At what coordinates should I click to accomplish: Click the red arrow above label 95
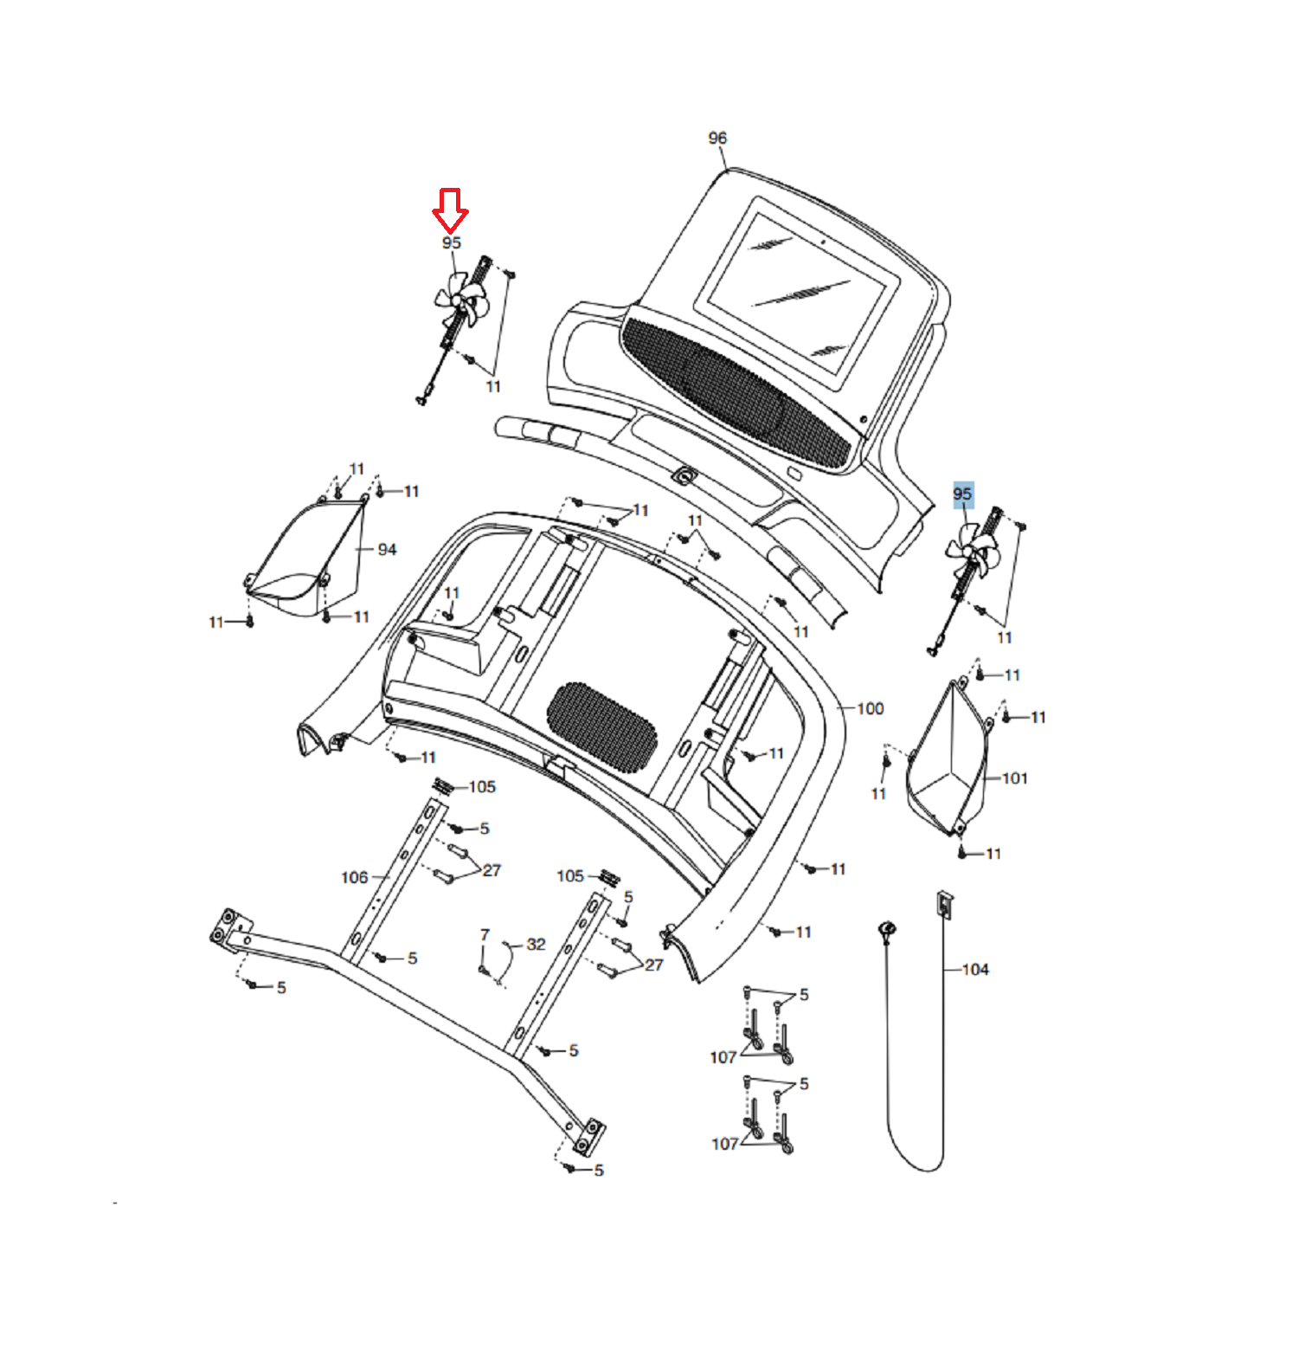click(x=450, y=210)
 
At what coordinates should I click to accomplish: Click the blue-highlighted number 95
click(x=962, y=494)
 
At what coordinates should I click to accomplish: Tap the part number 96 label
click(x=717, y=139)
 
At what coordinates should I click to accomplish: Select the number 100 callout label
click(x=871, y=709)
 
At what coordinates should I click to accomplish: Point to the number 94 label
click(x=387, y=550)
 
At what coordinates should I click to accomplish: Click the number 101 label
click(x=1015, y=778)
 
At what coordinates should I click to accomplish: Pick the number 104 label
click(x=975, y=970)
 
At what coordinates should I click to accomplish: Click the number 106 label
click(x=355, y=878)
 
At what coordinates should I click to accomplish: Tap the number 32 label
click(x=536, y=944)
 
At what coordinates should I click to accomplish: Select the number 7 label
click(x=485, y=935)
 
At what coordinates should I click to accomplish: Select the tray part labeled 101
click(x=948, y=762)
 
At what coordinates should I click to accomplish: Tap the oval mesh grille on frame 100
click(x=601, y=726)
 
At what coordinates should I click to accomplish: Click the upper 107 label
click(x=723, y=1057)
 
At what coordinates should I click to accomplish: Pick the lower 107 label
click(x=724, y=1144)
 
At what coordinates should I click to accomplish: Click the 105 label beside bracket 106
click(x=482, y=787)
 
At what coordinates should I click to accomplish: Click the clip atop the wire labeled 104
click(x=944, y=905)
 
